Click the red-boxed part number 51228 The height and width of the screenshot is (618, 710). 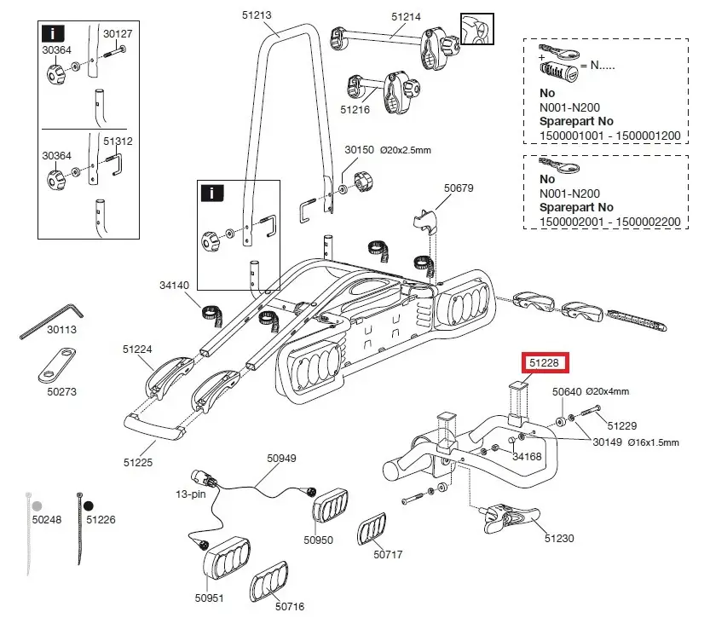point(544,363)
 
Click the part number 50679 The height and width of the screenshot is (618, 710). point(458,188)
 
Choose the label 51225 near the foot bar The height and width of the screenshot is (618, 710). point(138,462)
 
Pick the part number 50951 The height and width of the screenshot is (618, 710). point(209,598)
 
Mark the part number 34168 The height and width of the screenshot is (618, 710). point(527,456)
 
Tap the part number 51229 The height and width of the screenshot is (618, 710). point(621,425)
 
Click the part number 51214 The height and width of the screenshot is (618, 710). point(406,16)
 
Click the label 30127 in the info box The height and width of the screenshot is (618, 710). point(118,34)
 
